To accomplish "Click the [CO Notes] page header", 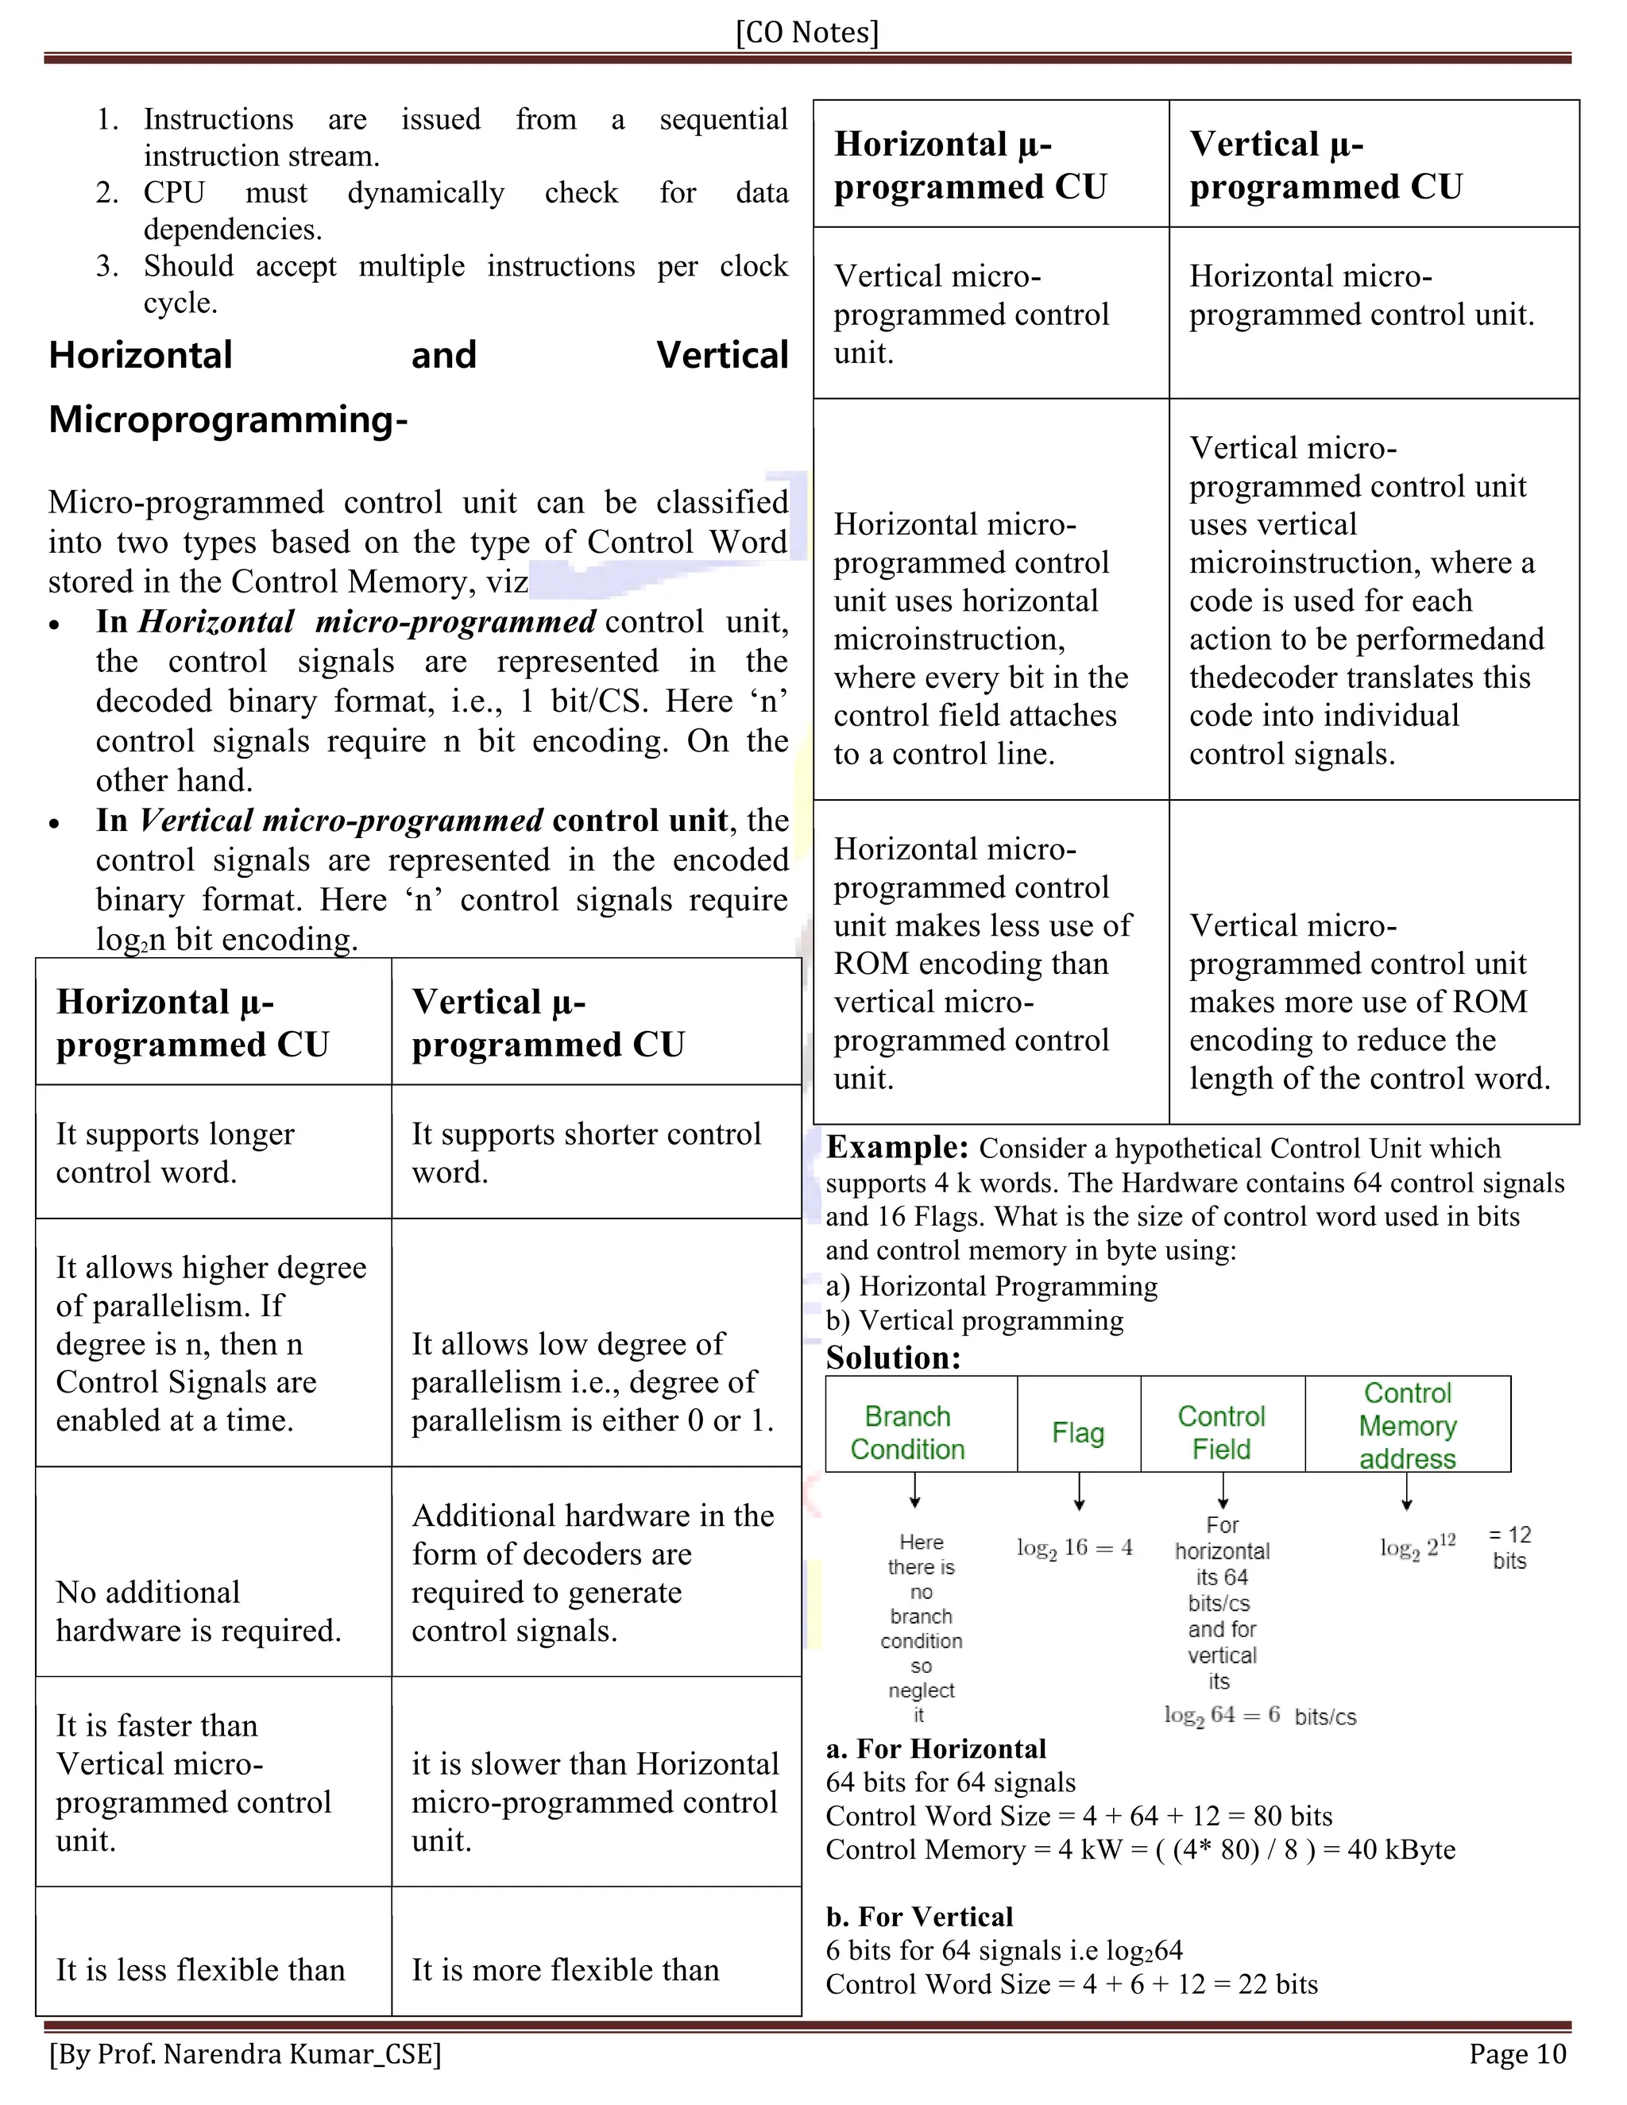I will point(807,33).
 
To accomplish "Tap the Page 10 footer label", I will point(1517,2054).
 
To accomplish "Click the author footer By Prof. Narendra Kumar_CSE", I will point(245,2054).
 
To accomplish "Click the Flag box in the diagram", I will point(1077,1432).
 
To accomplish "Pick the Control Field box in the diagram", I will point(1221,1432).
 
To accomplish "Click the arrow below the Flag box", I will point(1080,1491).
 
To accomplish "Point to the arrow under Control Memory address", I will point(1407,1491).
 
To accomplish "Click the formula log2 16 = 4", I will point(1074,1548).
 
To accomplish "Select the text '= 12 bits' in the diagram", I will point(1509,1547).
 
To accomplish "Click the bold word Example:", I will point(896,1147).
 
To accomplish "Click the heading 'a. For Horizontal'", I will point(935,1748).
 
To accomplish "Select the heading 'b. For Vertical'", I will point(918,1916).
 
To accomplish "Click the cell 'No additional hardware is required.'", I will point(198,1611).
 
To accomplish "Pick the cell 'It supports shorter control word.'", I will point(586,1153).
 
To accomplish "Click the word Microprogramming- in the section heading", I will point(229,419).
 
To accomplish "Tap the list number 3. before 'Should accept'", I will point(107,266).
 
